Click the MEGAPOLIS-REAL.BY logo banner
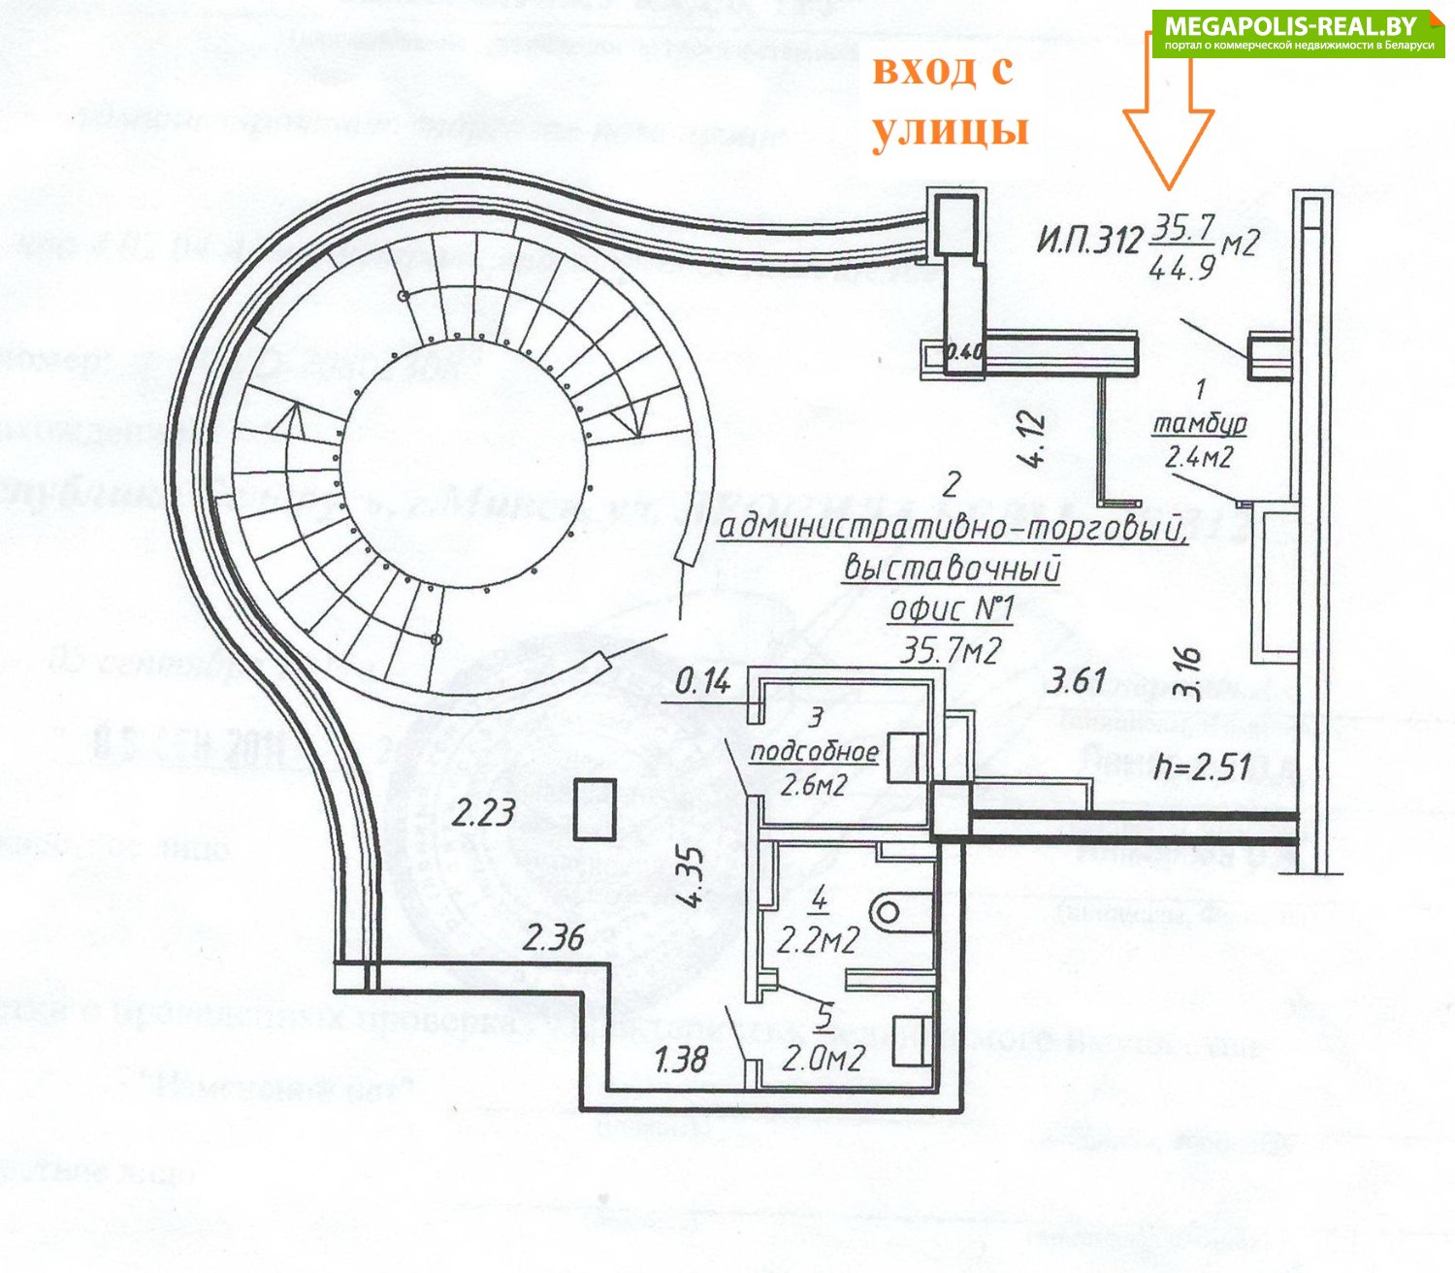tap(1298, 34)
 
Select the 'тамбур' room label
tap(1199, 424)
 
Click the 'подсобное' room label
tap(815, 751)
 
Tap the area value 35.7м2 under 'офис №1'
tap(951, 649)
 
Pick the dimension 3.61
tap(1077, 680)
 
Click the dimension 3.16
tap(1190, 673)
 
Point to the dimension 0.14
tap(702, 682)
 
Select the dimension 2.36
tap(554, 937)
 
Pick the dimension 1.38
tap(681, 1059)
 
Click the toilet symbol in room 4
tap(888, 912)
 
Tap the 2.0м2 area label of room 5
tap(823, 1059)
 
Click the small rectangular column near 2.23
tap(595, 808)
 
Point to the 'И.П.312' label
tap(1089, 239)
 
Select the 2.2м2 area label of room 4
tap(820, 939)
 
